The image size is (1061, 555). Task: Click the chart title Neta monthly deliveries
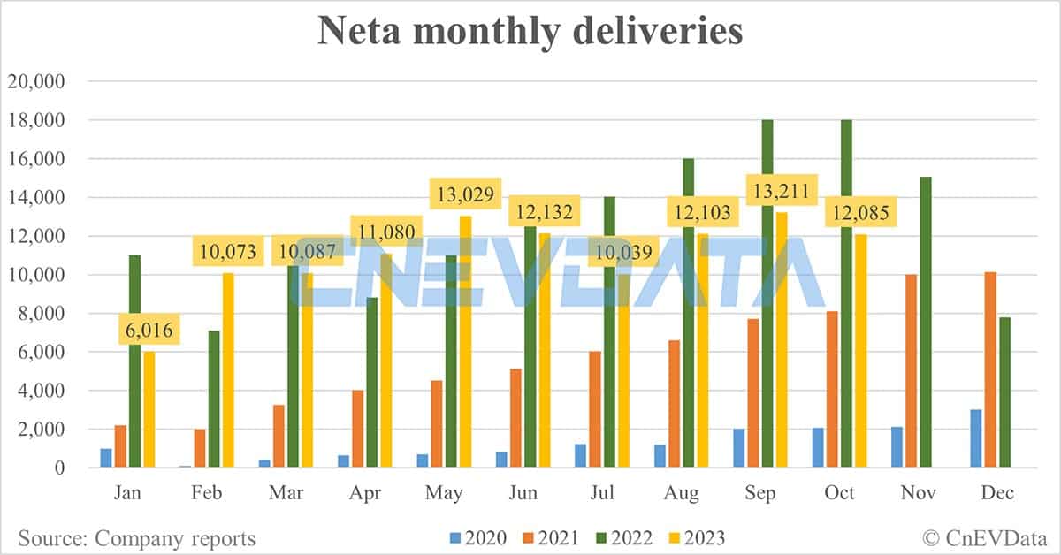click(x=530, y=31)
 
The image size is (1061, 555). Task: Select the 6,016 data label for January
click(x=149, y=331)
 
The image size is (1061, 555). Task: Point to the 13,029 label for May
click(x=465, y=194)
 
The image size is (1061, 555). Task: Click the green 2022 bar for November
click(x=925, y=322)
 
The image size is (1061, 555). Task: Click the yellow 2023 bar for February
click(x=228, y=370)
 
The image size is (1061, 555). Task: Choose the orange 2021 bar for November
click(x=911, y=370)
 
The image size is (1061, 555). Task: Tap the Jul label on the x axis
click(x=601, y=493)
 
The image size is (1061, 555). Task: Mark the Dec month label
click(x=996, y=493)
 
